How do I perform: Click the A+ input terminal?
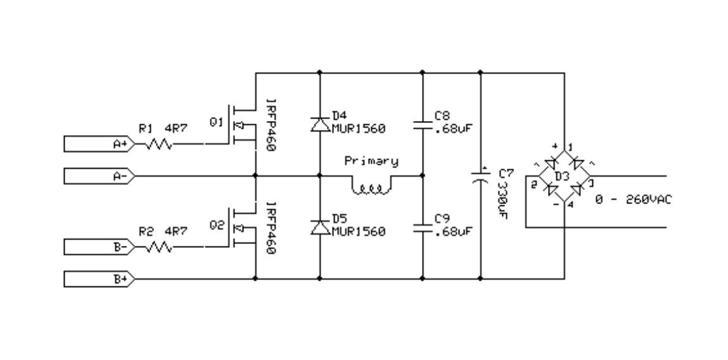(99, 144)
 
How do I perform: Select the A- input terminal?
(99, 176)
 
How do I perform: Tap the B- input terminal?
(99, 247)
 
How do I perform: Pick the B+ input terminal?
(99, 279)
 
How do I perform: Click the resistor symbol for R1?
(159, 145)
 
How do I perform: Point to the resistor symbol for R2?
(159, 247)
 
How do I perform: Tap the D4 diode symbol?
(320, 124)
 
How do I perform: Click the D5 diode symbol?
(320, 228)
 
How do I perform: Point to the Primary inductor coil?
(371, 186)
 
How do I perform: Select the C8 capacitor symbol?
(423, 125)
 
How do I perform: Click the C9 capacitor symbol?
(423, 228)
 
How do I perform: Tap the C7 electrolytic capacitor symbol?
(480, 177)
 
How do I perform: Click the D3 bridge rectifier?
(564, 176)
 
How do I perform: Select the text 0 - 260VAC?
(634, 199)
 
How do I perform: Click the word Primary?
(371, 161)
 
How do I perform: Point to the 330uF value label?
(502, 200)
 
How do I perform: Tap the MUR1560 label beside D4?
(359, 128)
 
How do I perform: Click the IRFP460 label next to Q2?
(271, 228)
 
